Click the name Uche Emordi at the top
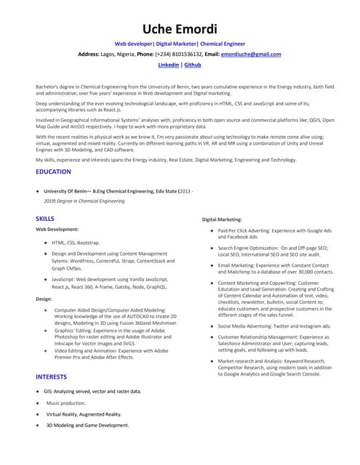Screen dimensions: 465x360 [180, 28]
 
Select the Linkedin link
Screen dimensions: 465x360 [168, 65]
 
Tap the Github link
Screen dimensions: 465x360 [193, 65]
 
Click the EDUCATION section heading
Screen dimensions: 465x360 [53, 171]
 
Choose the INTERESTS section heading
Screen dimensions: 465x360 [51, 376]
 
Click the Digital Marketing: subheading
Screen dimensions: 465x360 [222, 219]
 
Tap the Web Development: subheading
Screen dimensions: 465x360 [57, 229]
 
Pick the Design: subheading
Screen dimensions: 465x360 [44, 299]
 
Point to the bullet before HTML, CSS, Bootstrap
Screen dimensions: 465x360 [45, 241]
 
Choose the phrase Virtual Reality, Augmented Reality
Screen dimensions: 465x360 [84, 413]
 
